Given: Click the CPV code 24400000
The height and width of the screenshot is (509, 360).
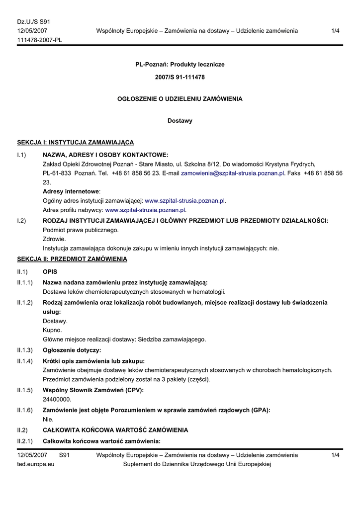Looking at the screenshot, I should point(57,399).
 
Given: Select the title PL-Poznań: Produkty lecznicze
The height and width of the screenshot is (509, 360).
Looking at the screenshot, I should point(180,65).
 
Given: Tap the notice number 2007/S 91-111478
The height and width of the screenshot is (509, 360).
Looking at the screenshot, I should point(180,78).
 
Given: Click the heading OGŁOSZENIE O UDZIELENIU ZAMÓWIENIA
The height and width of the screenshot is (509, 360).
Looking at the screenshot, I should point(180,99).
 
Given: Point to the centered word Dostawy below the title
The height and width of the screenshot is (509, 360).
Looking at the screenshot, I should point(180,121).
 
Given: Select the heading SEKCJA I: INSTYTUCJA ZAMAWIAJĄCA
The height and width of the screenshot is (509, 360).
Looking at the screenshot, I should point(76,143).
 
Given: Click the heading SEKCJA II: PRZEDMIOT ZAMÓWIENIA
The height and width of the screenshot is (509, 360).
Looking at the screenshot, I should point(72,259).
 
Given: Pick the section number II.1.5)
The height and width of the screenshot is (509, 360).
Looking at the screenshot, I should point(25,390).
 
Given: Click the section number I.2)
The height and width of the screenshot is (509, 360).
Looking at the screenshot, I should point(21,221).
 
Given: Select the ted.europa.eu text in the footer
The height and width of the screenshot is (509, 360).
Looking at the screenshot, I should point(36,464).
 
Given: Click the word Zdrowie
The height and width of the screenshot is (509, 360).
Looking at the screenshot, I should point(54,239).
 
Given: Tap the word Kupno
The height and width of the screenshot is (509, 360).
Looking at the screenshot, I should point(52,330).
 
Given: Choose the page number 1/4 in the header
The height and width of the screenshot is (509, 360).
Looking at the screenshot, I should point(335,31).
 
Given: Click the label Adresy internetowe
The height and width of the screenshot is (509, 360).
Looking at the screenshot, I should point(71,191).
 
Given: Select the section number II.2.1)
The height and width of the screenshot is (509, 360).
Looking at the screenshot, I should point(25,441).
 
